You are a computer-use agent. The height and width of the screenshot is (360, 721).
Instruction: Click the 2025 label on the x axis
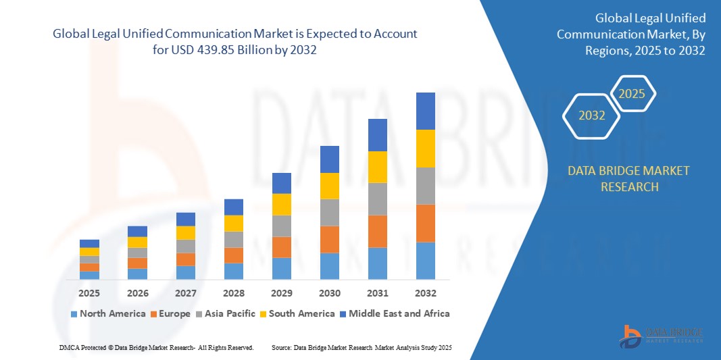pyautogui.click(x=89, y=293)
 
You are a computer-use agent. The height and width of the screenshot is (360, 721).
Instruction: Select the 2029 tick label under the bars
pyautogui.click(x=282, y=293)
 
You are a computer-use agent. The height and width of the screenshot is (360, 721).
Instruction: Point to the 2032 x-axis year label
pyautogui.click(x=425, y=293)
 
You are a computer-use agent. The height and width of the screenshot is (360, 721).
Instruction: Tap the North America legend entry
pyautogui.click(x=108, y=313)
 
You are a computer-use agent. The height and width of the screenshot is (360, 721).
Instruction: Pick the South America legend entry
pyautogui.click(x=297, y=313)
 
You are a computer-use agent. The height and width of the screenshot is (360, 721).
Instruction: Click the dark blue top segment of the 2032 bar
pyautogui.click(x=425, y=111)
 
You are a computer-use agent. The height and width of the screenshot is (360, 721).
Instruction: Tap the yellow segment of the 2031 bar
pyautogui.click(x=377, y=167)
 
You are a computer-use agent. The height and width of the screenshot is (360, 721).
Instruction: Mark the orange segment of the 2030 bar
pyautogui.click(x=329, y=239)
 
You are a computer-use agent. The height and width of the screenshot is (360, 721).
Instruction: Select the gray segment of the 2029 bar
pyautogui.click(x=282, y=226)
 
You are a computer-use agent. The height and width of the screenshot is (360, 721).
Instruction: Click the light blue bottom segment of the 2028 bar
pyautogui.click(x=234, y=271)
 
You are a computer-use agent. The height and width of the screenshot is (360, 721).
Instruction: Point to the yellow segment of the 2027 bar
pyautogui.click(x=186, y=232)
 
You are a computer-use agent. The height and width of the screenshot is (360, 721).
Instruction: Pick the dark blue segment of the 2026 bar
pyautogui.click(x=137, y=231)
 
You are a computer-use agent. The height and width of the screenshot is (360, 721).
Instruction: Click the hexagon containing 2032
pyautogui.click(x=591, y=115)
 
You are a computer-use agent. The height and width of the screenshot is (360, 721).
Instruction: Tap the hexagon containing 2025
pyautogui.click(x=632, y=94)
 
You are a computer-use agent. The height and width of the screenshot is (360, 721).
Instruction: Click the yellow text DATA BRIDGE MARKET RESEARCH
pyautogui.click(x=629, y=178)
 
